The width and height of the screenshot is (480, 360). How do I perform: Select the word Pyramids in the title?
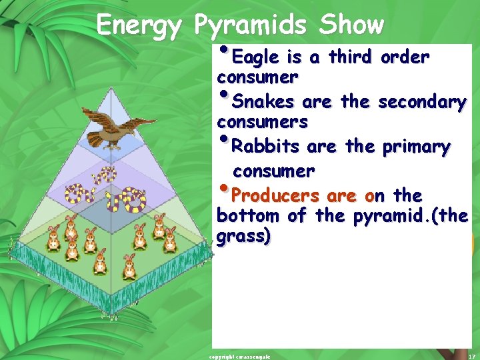[251, 26]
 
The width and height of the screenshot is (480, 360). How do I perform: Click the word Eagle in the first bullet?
[256, 57]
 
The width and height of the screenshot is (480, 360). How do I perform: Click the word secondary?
[422, 102]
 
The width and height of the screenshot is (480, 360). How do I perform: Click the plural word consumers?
[262, 123]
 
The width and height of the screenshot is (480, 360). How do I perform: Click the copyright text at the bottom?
[239, 356]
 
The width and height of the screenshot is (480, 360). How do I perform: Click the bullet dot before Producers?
[222, 189]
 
